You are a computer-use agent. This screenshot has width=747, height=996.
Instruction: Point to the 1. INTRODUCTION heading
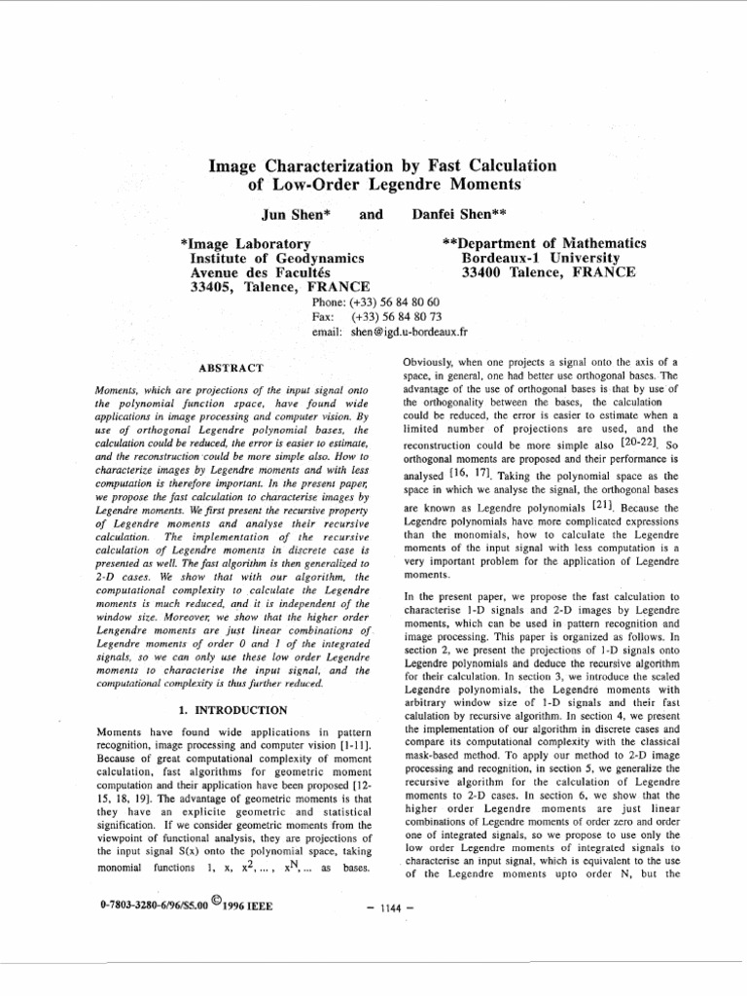click(x=232, y=710)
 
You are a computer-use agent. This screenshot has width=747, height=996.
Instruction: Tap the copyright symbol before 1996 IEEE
click(x=203, y=901)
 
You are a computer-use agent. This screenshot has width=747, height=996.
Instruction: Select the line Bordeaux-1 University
click(x=540, y=258)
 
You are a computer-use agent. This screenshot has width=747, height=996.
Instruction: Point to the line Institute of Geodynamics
click(x=276, y=258)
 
